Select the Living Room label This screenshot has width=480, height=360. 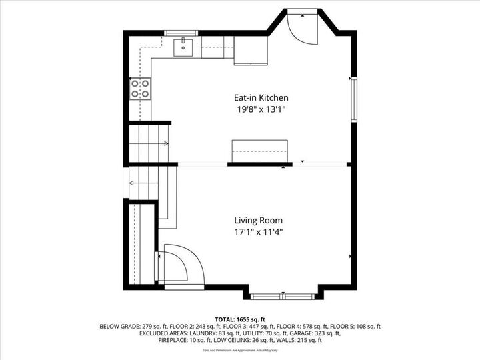pos(258,220)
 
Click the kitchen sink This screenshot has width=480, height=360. pos(183,47)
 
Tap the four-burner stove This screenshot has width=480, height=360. pos(140,89)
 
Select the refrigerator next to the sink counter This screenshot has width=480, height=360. pos(250,51)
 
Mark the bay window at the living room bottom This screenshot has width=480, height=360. pos(285,294)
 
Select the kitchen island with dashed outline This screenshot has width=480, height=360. pos(259,151)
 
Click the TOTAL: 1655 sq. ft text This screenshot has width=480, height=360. pos(240,319)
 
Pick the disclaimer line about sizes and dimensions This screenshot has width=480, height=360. pos(240,349)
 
